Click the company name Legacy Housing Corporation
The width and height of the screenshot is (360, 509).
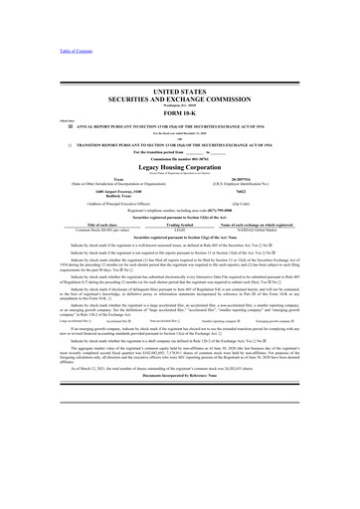pos(179,169)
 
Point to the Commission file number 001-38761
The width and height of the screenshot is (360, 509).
pos(179,160)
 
